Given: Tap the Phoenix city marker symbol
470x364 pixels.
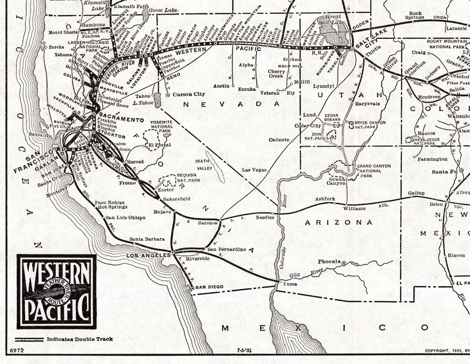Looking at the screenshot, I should (343, 262).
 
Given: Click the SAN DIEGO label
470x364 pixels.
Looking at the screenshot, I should (209, 287).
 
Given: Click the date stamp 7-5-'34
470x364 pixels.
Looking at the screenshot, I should (244, 350).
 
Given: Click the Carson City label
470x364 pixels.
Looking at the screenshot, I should (188, 94).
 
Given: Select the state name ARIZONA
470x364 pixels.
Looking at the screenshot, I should (338, 222).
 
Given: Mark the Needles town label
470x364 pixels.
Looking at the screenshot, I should (265, 217).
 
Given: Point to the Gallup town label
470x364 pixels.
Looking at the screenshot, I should (416, 193).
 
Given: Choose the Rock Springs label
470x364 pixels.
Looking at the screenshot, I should (415, 15).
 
